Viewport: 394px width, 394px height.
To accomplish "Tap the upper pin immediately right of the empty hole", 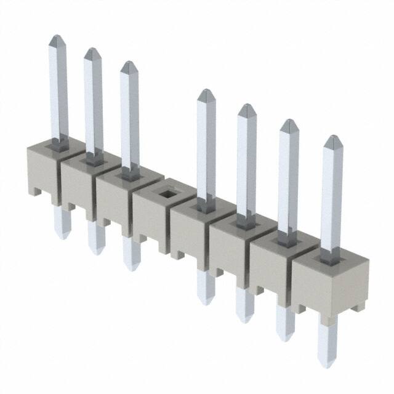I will (x=206, y=148).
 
